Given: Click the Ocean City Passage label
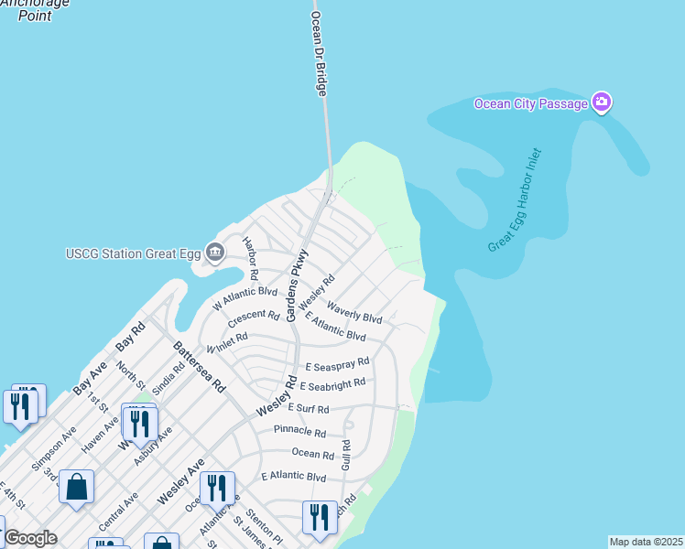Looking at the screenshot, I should (530, 103).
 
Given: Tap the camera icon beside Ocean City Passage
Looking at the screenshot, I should (602, 102).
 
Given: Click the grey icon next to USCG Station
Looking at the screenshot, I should (215, 252).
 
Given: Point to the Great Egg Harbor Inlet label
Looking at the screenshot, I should (515, 201).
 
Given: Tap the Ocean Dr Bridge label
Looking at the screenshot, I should (320, 54).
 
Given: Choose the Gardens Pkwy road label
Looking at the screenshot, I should (299, 285).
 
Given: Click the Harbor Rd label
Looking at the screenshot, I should (250, 259).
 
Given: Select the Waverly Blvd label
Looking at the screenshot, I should (353, 312).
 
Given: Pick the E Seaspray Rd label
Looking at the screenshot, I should (337, 364).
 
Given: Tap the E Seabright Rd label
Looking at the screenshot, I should (332, 384).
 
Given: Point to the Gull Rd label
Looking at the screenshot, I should (346, 453).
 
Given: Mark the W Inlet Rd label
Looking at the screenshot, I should (227, 343).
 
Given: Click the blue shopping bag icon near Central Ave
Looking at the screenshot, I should (77, 488).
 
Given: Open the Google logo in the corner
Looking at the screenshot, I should (30, 538).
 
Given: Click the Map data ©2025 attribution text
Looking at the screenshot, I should (646, 542).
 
